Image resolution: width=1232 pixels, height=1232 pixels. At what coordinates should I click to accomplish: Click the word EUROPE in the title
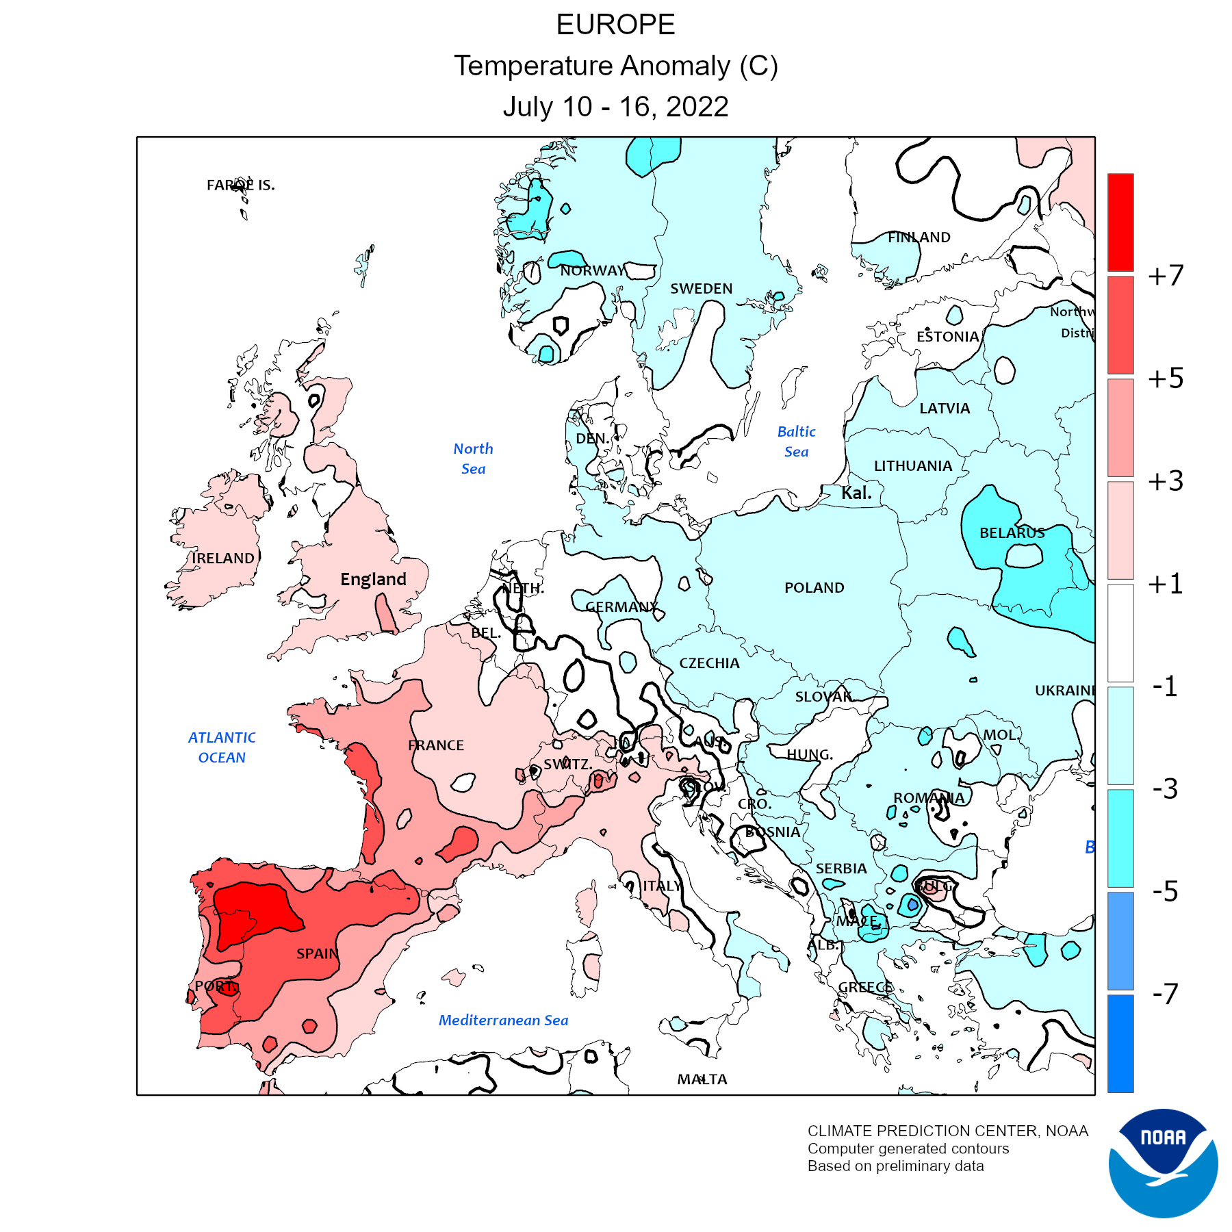click(615, 25)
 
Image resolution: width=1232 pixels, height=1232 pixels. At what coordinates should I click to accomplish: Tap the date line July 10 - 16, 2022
click(615, 107)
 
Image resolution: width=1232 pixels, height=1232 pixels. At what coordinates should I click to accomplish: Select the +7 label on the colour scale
click(1166, 275)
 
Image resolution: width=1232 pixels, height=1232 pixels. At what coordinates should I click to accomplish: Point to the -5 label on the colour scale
click(1166, 891)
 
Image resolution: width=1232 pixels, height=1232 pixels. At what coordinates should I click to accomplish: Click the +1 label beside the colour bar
click(1166, 584)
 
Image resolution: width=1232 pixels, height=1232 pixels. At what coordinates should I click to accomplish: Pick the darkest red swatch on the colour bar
click(1120, 222)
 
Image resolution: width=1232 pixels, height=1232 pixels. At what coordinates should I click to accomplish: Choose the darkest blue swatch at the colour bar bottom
click(1120, 1043)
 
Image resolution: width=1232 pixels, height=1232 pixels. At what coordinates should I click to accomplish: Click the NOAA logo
click(1163, 1163)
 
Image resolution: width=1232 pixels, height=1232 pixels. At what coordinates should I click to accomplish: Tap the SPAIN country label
click(318, 953)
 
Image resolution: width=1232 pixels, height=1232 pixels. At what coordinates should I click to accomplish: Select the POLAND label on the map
click(814, 587)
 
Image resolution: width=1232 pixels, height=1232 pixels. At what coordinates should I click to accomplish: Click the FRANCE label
click(436, 745)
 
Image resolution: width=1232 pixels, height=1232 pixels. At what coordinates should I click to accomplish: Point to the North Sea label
click(473, 459)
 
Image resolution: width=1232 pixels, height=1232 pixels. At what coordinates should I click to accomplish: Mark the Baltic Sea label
click(796, 441)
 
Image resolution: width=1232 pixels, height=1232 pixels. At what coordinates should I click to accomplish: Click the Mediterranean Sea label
click(503, 1020)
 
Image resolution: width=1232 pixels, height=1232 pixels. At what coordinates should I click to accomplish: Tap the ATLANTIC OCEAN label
click(222, 747)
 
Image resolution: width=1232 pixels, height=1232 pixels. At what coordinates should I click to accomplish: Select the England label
click(373, 579)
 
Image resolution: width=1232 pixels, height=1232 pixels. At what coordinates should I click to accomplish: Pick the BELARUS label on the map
click(1012, 532)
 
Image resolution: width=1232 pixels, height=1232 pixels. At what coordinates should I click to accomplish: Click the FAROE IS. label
click(240, 185)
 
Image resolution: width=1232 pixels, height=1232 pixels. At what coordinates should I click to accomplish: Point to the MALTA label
click(702, 1079)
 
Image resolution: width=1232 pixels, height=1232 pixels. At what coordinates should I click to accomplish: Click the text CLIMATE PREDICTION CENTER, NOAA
click(947, 1131)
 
